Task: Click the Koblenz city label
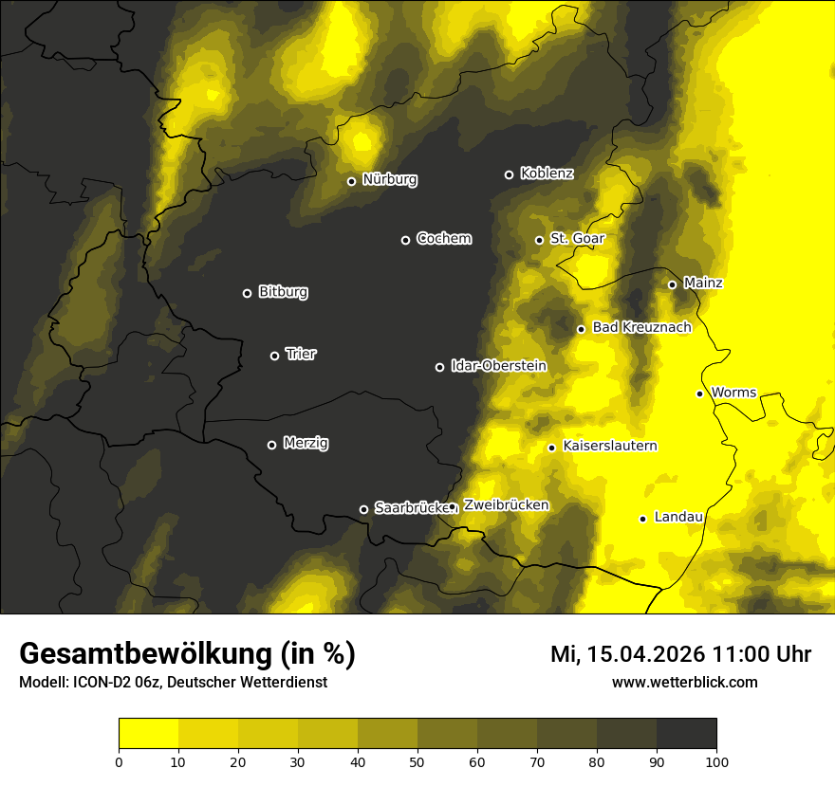click(547, 174)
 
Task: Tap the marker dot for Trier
click(275, 356)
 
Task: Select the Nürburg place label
click(389, 179)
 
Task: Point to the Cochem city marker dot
click(405, 240)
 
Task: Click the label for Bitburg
click(283, 292)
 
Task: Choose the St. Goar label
click(577, 239)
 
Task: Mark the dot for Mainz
click(672, 284)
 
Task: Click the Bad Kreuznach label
click(641, 327)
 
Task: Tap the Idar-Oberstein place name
click(498, 365)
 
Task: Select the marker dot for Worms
click(699, 393)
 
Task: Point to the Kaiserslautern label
click(610, 446)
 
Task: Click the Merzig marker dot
click(271, 445)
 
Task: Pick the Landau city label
click(678, 517)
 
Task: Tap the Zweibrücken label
click(506, 505)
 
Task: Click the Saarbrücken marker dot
click(363, 509)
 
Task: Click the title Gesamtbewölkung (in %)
click(187, 654)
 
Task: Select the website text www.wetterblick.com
click(684, 682)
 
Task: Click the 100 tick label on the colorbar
click(716, 761)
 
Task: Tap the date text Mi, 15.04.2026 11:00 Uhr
click(680, 654)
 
